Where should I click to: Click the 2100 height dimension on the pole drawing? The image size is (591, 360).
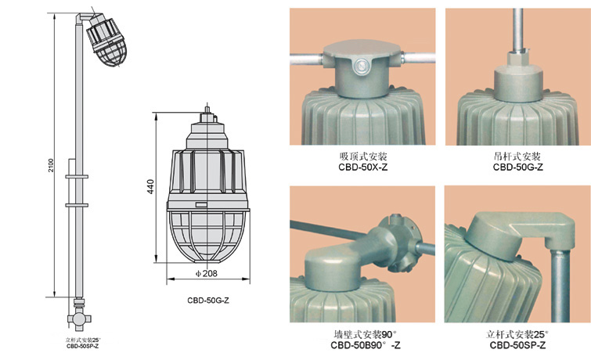click(51, 165)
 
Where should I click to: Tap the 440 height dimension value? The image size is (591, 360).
click(150, 186)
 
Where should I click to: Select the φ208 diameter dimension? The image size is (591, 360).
click(207, 274)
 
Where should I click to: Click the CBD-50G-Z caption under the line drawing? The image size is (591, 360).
click(208, 301)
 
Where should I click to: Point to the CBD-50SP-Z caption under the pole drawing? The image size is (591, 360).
click(82, 346)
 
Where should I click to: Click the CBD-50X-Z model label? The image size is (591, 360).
click(362, 167)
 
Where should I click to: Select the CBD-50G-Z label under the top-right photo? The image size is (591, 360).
click(518, 167)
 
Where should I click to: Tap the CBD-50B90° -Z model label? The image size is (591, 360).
click(366, 345)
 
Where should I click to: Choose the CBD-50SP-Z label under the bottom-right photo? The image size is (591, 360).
click(517, 345)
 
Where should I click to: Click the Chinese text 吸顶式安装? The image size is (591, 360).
click(363, 156)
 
